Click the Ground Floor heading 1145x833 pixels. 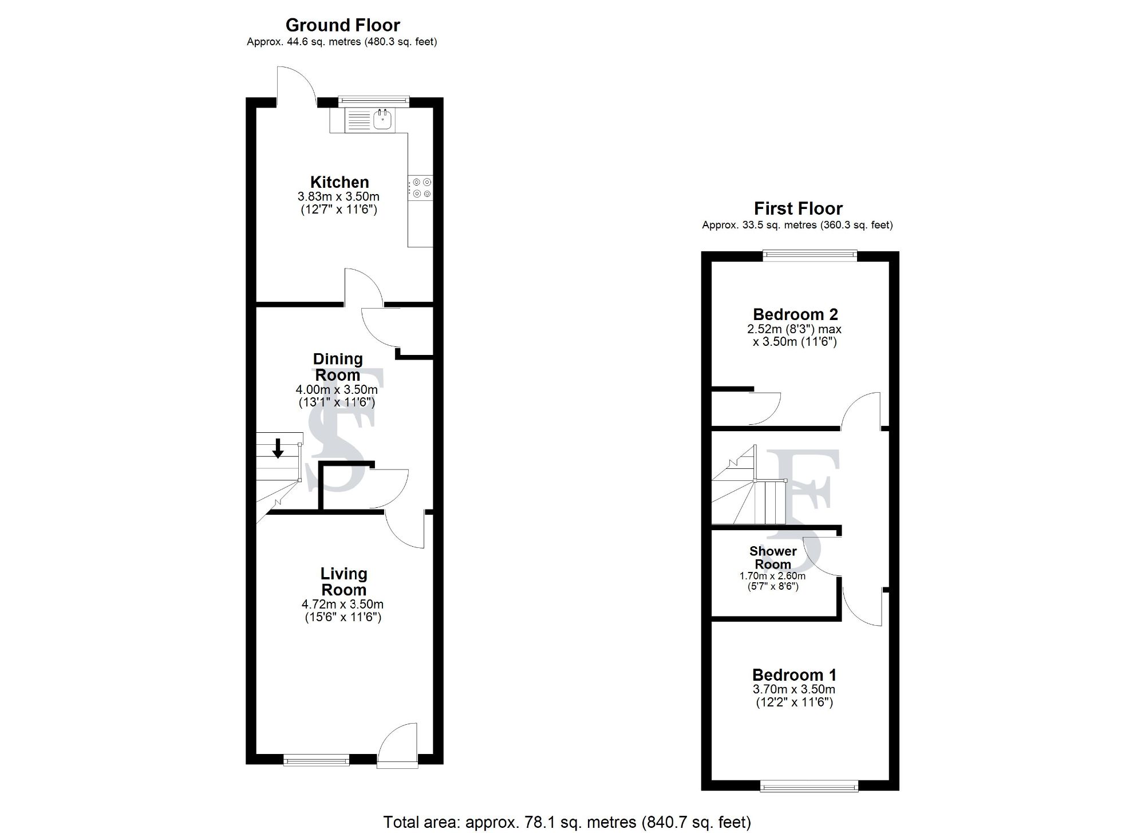[342, 25]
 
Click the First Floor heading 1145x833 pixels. [798, 208]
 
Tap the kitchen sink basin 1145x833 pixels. [382, 120]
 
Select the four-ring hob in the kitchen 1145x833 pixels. [421, 188]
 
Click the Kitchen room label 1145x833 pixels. [339, 182]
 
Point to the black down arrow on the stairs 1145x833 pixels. [278, 448]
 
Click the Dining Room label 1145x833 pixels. [338, 367]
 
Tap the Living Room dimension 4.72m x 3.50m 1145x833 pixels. [342, 604]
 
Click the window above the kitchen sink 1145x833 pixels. [374, 101]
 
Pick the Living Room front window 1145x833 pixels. [316, 760]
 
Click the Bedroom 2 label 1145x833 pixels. [795, 314]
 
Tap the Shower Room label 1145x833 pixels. [773, 557]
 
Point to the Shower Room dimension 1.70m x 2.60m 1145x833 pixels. [772, 576]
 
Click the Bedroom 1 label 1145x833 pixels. [794, 675]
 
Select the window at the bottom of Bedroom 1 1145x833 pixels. [809, 787]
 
